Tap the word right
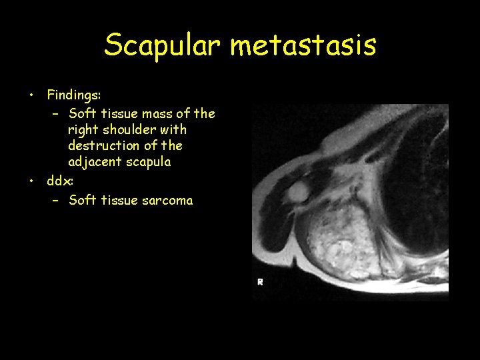[x=83, y=129]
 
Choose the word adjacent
[x=93, y=161]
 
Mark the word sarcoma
[x=167, y=200]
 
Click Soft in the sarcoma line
[x=82, y=200]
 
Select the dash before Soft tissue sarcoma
[x=56, y=200]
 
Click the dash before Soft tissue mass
[x=56, y=113]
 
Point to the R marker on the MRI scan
[x=260, y=282]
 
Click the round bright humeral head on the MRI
[x=297, y=192]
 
